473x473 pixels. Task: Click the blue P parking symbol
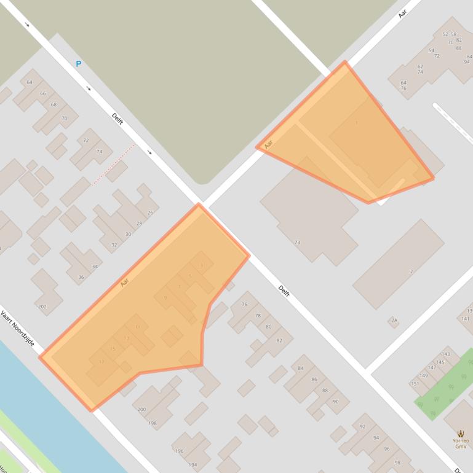coord(78,64)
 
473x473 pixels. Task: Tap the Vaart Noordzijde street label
coord(18,329)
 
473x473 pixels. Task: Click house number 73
coord(297,243)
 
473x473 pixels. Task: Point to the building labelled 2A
coord(394,321)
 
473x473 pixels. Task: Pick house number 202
coord(42,306)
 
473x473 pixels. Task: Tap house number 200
coord(141,409)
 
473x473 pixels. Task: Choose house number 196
coord(179,451)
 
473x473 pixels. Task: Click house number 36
coord(81,278)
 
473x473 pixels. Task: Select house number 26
coord(150,213)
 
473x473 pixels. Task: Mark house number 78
coord(258,316)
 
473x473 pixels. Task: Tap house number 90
coord(336,402)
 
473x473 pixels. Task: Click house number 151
coord(415,384)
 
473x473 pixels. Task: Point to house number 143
coord(446,354)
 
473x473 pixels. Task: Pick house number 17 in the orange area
coord(102,362)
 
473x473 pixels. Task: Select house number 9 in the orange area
coord(165,298)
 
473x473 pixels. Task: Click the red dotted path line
coord(114,164)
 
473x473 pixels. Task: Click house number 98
coord(397,463)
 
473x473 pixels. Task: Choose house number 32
coord(114,245)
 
